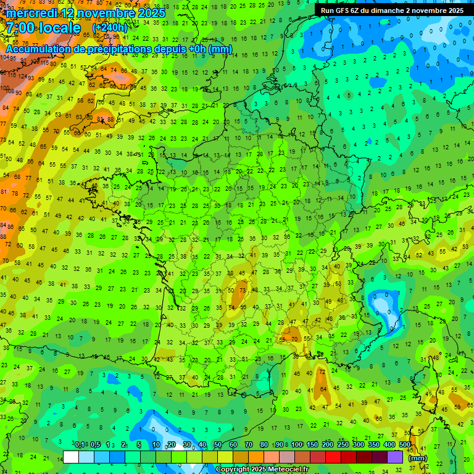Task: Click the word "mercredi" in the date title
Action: pyautogui.click(x=32, y=13)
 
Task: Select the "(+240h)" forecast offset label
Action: pyautogui.click(x=109, y=28)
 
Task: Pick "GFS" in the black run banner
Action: pyautogui.click(x=346, y=10)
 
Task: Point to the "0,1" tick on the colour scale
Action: pyautogui.click(x=80, y=444)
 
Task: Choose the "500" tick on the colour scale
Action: pyautogui.click(x=404, y=444)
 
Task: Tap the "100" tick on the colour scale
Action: pyautogui.click(x=296, y=444)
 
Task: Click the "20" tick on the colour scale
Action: pyautogui.click(x=171, y=444)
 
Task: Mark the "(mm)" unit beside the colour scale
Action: pyautogui.click(x=418, y=457)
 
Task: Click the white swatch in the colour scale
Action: pyautogui.click(x=71, y=457)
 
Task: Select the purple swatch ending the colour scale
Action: pyautogui.click(x=395, y=457)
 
